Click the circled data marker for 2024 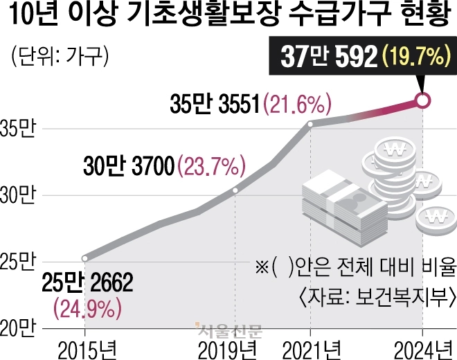point(423,100)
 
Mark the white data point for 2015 point(84,258)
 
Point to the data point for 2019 point(235,190)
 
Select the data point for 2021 point(310,125)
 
